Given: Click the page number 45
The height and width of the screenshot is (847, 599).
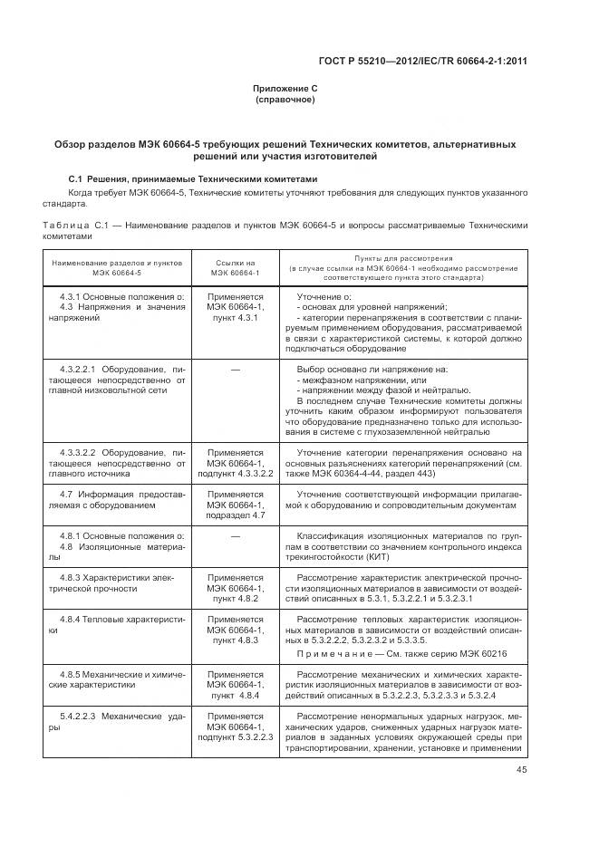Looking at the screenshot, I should click(x=521, y=770).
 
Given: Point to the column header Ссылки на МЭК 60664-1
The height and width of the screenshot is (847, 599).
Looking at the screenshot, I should click(x=235, y=267).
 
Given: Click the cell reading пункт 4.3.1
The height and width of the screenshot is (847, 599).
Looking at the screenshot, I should click(x=236, y=319).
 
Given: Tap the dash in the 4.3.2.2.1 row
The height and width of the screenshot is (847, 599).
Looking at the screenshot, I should click(x=236, y=370).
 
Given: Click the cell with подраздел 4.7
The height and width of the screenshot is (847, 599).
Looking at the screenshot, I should click(x=236, y=515).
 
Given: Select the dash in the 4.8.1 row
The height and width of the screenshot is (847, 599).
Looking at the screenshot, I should click(x=236, y=535).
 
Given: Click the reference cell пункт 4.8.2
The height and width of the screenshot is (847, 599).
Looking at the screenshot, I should click(x=236, y=598).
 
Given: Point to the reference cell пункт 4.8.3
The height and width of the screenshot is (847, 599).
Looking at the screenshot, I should click(x=236, y=640).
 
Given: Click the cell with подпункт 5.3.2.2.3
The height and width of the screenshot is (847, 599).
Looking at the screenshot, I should click(x=236, y=737).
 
